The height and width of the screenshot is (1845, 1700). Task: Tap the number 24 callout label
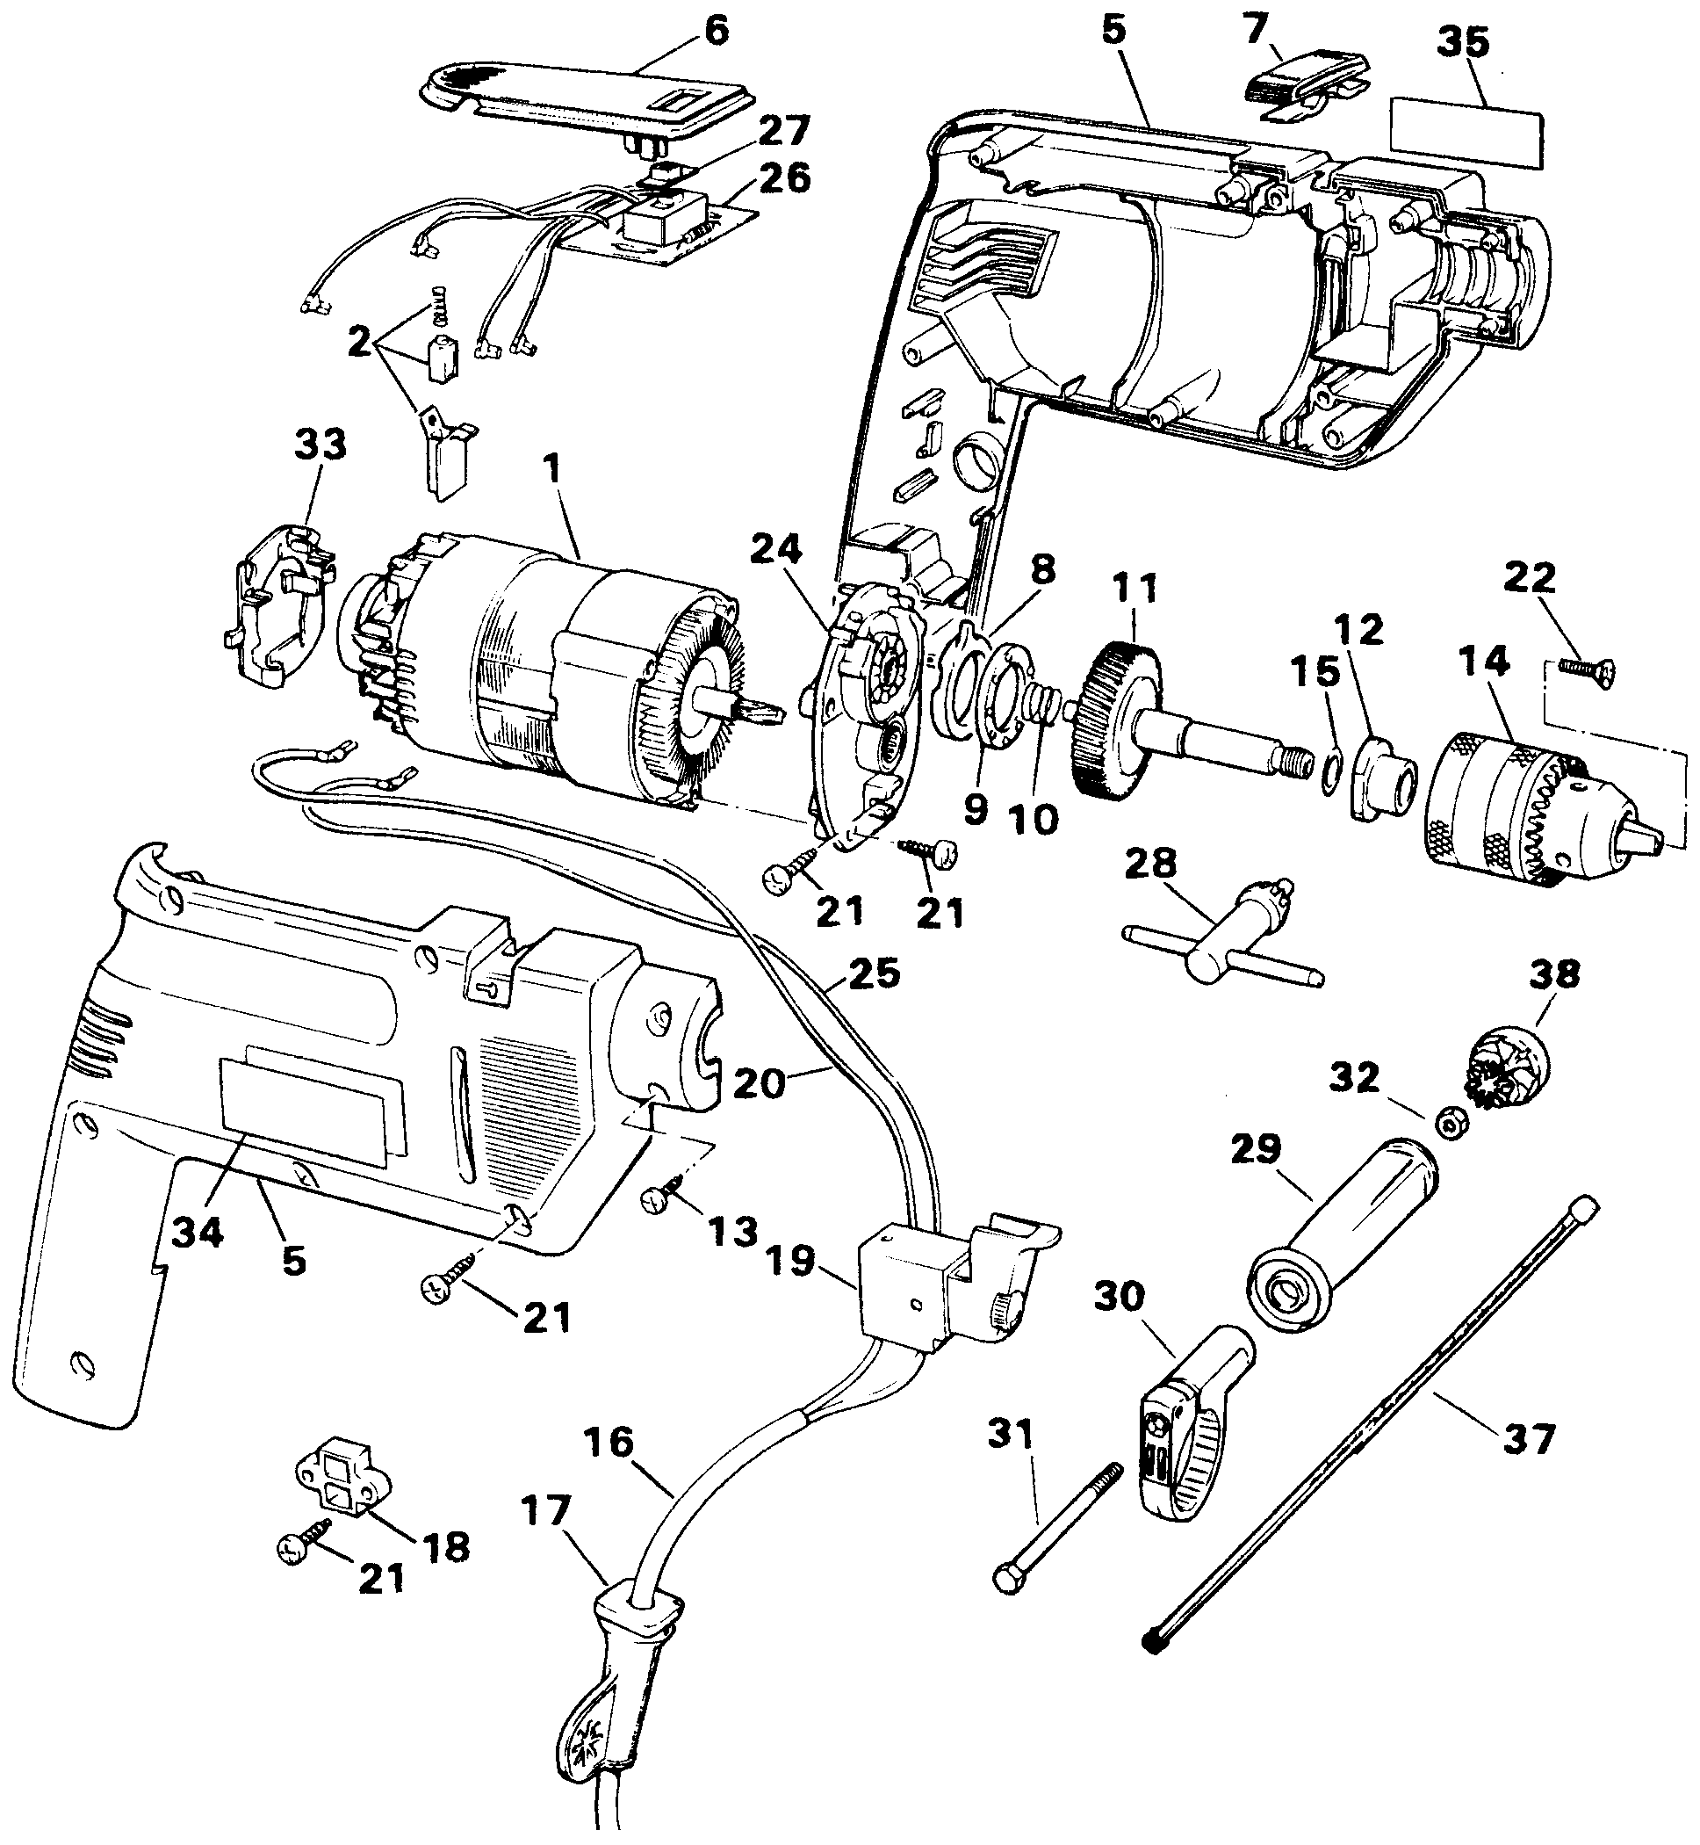tap(776, 550)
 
